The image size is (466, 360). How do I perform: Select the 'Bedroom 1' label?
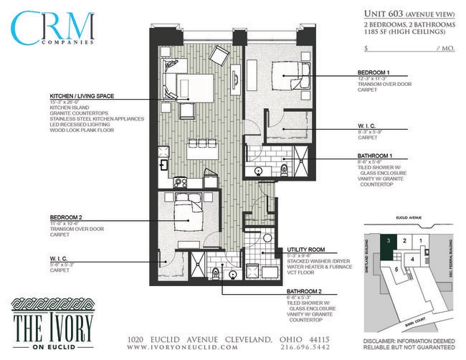[374, 73]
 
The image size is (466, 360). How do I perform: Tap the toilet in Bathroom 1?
[285, 169]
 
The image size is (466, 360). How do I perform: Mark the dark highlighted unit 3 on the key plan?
[388, 242]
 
